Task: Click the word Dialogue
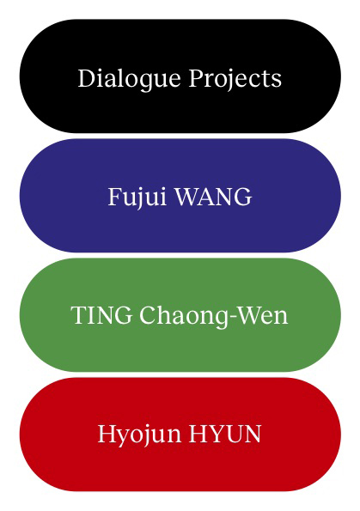pyautogui.click(x=129, y=79)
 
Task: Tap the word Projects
pyautogui.click(x=235, y=79)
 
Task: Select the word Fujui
pyautogui.click(x=137, y=198)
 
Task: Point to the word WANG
pyautogui.click(x=214, y=197)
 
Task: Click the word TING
pyautogui.click(x=101, y=315)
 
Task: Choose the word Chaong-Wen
pyautogui.click(x=214, y=316)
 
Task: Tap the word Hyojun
pyautogui.click(x=139, y=435)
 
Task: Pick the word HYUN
pyautogui.click(x=225, y=434)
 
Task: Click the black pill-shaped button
pyautogui.click(x=180, y=76)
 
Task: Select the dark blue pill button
pyautogui.click(x=180, y=196)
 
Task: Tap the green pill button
pyautogui.click(x=180, y=315)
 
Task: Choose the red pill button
pyautogui.click(x=180, y=434)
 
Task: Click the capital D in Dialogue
pyautogui.click(x=87, y=78)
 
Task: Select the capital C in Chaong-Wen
pyautogui.click(x=149, y=315)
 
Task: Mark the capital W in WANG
pyautogui.click(x=189, y=197)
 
